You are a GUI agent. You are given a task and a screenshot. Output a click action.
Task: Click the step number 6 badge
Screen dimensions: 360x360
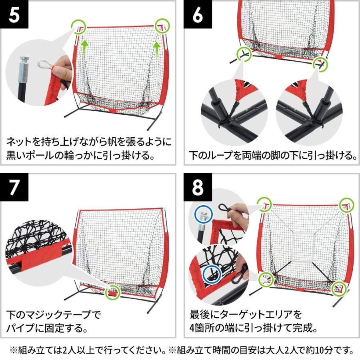198,15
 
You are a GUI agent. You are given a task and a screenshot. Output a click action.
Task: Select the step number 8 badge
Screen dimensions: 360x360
198,187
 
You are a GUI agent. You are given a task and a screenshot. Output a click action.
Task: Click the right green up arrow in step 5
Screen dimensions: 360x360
157,49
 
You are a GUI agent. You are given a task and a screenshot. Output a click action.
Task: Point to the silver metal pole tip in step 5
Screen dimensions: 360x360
24,66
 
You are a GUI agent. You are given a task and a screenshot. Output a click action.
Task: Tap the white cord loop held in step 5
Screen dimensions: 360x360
46,64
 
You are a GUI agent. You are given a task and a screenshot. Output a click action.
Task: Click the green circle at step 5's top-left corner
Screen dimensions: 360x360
78,27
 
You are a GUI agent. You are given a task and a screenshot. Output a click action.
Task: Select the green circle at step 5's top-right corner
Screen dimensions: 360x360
162,25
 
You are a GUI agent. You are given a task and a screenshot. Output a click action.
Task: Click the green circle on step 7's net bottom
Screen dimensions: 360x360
113,292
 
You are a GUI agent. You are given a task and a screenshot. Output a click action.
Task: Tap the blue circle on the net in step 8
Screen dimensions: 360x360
212,274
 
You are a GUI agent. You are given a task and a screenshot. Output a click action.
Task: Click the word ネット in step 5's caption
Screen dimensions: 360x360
19,142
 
